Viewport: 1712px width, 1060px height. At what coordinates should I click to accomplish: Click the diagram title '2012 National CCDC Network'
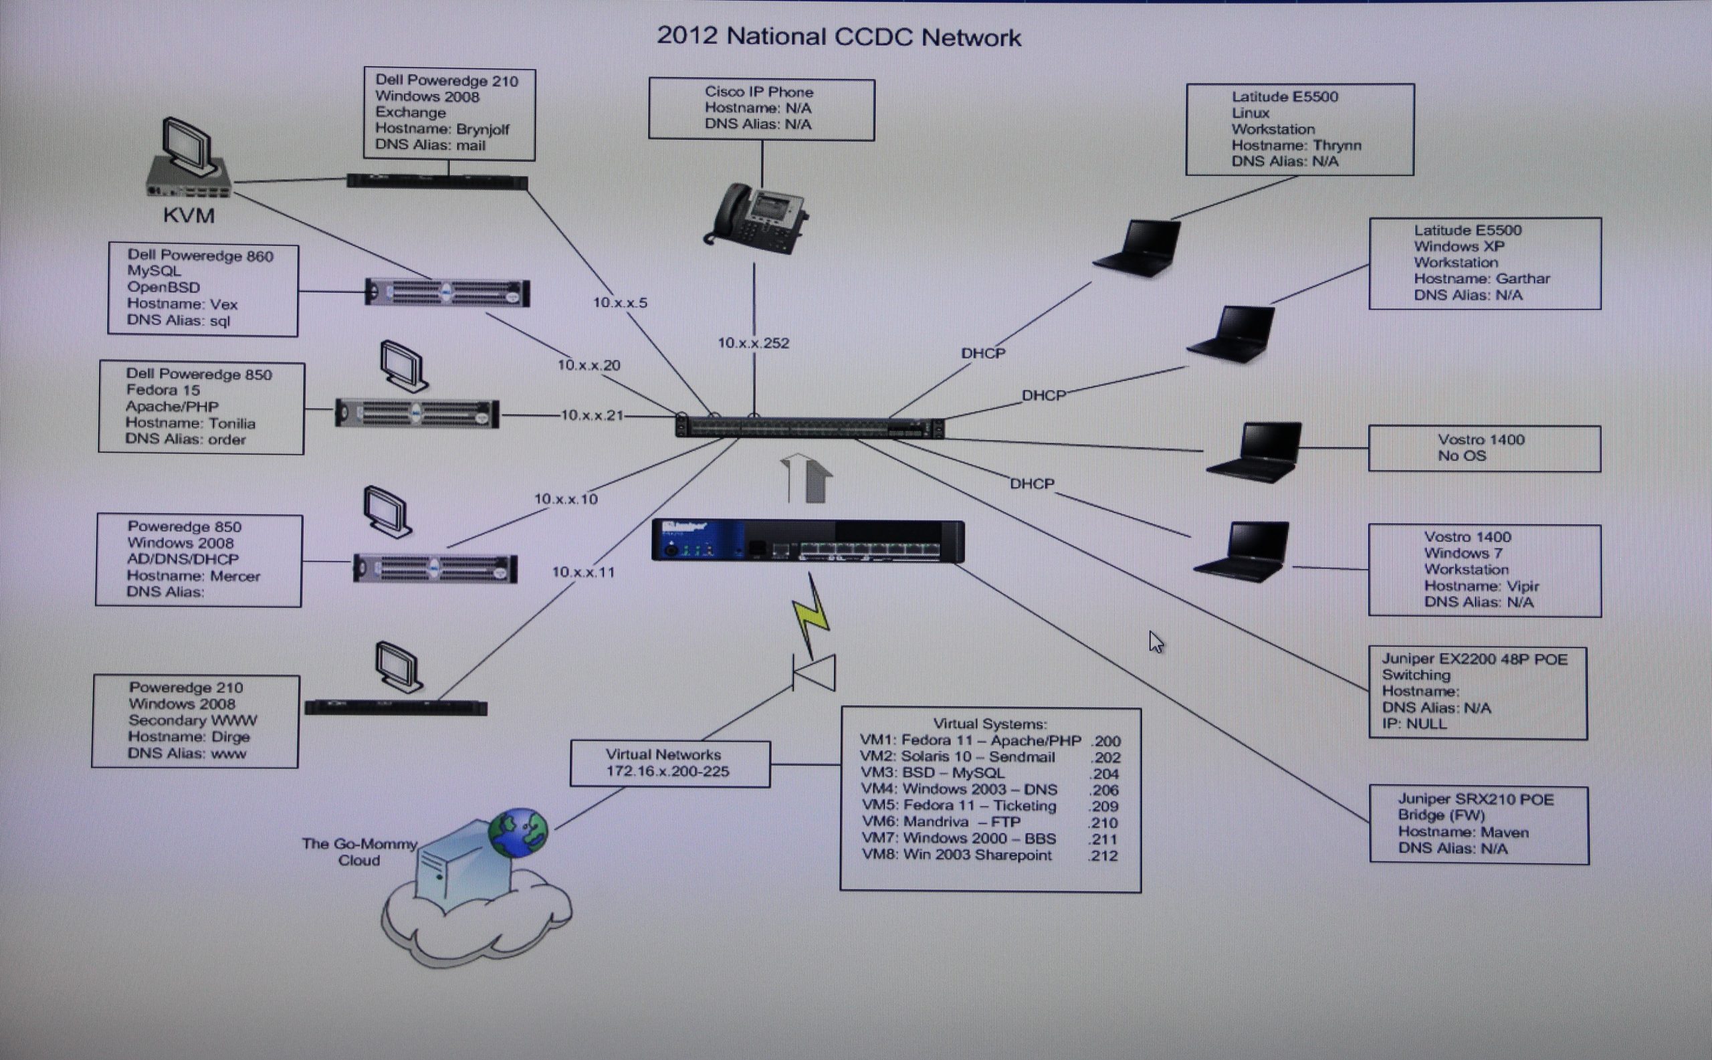(839, 37)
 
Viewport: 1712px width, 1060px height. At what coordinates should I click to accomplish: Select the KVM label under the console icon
(189, 215)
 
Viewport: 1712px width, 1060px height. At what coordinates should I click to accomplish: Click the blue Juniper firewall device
(808, 541)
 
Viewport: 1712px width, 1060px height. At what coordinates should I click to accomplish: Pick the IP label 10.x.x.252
(753, 343)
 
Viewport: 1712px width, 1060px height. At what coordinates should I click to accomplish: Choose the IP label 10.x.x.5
(620, 303)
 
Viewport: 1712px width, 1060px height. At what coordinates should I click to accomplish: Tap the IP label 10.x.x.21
(592, 415)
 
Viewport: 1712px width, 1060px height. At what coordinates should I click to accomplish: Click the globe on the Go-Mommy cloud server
(518, 833)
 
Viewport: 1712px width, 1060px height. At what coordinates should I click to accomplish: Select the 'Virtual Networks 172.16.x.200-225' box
(669, 764)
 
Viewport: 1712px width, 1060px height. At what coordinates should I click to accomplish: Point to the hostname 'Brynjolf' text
(482, 129)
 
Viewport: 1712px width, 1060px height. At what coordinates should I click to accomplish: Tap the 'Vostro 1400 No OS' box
(1483, 448)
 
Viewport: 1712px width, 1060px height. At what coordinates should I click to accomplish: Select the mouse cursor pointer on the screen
(1156, 641)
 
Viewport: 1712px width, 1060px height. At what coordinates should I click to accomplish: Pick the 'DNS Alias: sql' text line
(178, 320)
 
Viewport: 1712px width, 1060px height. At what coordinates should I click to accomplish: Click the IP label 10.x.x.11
(582, 572)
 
